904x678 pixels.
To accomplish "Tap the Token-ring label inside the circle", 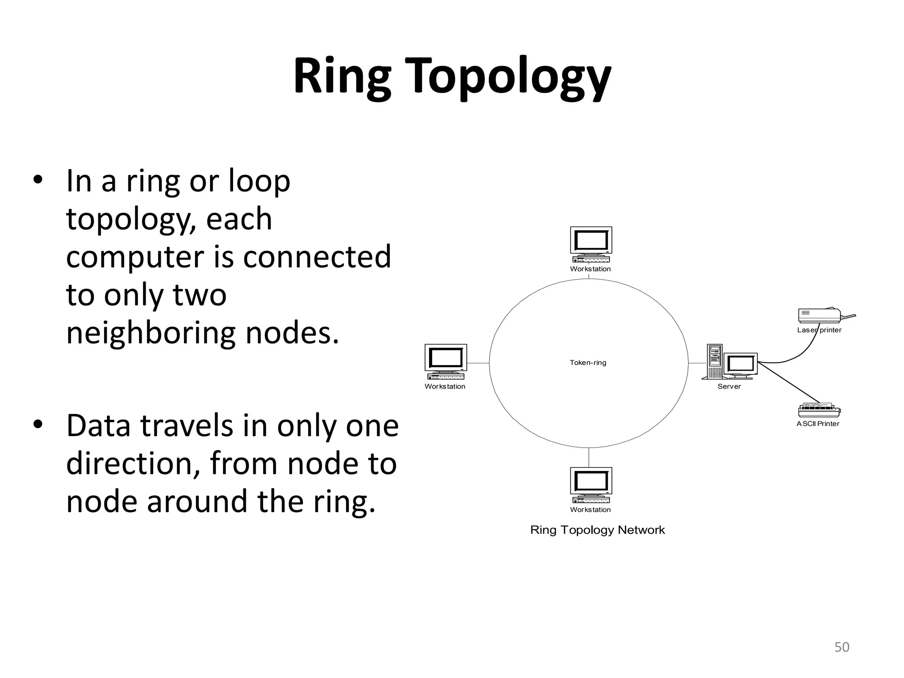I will (x=588, y=363).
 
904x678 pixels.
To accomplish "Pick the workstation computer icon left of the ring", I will (x=445, y=362).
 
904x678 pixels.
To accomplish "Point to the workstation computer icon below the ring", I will (x=591, y=485).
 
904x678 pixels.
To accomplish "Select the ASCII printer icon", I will (x=819, y=411).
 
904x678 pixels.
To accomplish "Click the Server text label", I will (x=729, y=387).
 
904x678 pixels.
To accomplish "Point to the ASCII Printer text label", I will (x=818, y=424).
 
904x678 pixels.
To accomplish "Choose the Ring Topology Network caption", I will (x=597, y=530).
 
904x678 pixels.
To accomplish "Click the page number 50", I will (x=842, y=647).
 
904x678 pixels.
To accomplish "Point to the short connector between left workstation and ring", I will (x=478, y=363).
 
